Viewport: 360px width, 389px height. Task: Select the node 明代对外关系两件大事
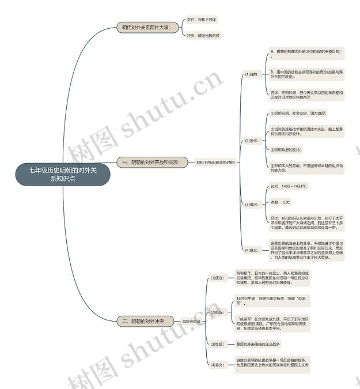pyautogui.click(x=146, y=27)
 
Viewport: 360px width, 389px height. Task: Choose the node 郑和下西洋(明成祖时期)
pyautogui.click(x=215, y=163)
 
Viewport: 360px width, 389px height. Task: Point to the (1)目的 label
pyautogui.click(x=251, y=74)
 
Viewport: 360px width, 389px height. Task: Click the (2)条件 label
pyautogui.click(x=251, y=140)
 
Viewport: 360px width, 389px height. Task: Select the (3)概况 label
pyautogui.click(x=251, y=204)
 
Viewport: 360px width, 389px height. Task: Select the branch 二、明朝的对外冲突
pyautogui.click(x=144, y=320)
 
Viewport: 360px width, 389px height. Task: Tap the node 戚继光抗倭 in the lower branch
pyautogui.click(x=192, y=321)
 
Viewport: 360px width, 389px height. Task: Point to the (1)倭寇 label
pyautogui.click(x=217, y=278)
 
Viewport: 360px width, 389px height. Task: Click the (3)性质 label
pyautogui.click(x=217, y=344)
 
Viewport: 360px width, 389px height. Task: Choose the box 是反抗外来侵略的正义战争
pyautogui.click(x=258, y=344)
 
